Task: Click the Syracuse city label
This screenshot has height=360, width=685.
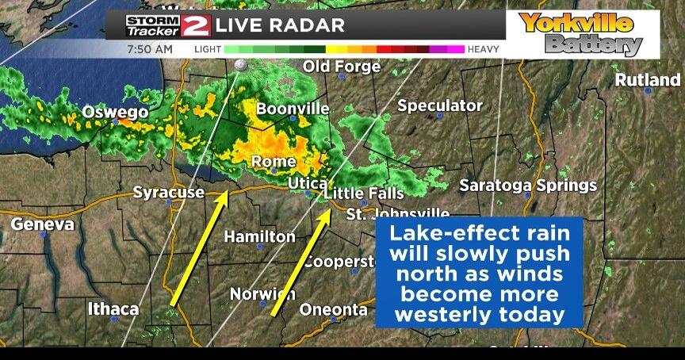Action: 165,193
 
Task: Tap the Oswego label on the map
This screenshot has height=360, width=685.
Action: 115,113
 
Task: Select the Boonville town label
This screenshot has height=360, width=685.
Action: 293,109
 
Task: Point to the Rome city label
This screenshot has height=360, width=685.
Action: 273,162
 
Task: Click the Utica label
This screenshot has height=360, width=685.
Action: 302,184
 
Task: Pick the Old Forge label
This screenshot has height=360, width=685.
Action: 342,67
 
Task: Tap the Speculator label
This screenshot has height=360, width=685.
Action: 439,105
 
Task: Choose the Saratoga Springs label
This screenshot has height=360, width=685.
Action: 528,186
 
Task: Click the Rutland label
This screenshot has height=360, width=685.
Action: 647,80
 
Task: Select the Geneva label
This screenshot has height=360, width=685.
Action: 42,224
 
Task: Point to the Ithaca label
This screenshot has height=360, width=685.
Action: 113,308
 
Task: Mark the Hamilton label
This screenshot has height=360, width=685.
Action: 259,236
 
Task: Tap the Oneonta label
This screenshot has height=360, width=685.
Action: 333,309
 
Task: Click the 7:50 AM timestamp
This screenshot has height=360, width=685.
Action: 149,49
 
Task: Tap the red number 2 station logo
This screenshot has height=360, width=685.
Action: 195,25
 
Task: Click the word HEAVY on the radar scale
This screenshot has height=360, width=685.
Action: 484,49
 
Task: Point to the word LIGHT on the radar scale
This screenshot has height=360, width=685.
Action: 208,49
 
